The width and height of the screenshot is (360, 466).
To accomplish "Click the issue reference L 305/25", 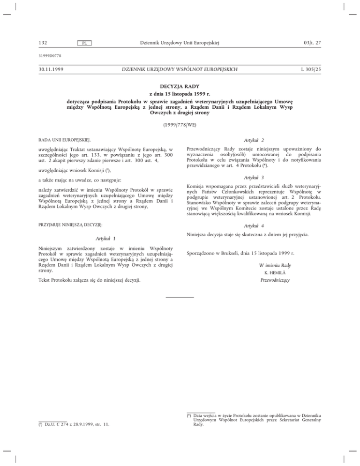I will click(308, 69).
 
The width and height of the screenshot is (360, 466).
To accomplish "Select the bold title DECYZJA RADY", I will click(180, 87).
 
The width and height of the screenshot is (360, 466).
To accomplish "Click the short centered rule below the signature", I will click(180, 297).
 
